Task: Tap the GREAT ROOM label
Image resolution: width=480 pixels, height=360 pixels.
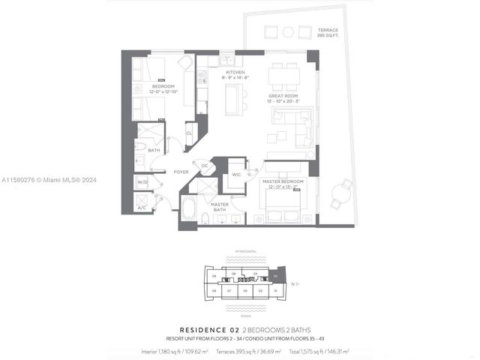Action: pyautogui.click(x=284, y=97)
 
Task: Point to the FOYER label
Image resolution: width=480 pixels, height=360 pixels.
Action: pyautogui.click(x=181, y=172)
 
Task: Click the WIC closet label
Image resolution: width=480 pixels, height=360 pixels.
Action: pyautogui.click(x=235, y=174)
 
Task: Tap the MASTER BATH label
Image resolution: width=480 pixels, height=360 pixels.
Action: pyautogui.click(x=219, y=207)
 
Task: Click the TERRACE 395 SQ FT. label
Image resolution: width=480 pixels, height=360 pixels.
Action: pyautogui.click(x=328, y=32)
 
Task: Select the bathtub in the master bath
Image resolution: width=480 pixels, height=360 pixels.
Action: pyautogui.click(x=189, y=208)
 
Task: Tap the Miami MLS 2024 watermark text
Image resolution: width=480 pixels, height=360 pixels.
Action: pyautogui.click(x=49, y=180)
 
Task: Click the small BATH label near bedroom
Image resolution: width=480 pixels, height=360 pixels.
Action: pyautogui.click(x=154, y=151)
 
